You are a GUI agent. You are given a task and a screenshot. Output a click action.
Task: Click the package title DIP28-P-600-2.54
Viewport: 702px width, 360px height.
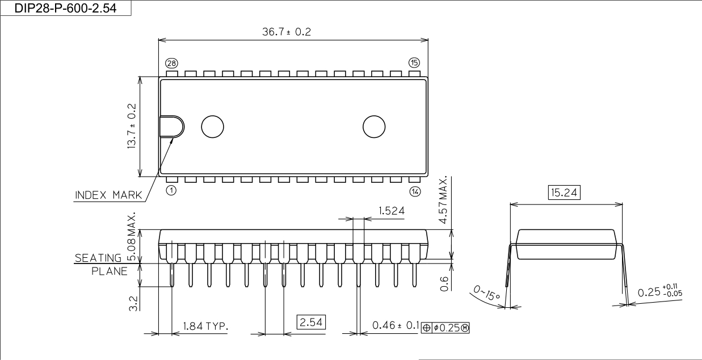pos(65,8)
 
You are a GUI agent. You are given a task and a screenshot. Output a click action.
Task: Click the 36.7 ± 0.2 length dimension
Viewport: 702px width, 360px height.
pos(287,32)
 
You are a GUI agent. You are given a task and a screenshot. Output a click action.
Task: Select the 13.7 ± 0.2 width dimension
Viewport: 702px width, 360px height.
pos(132,126)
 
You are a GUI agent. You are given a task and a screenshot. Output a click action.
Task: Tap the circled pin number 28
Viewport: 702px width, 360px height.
pos(171,64)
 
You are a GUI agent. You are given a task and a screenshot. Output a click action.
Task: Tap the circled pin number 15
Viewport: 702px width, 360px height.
pos(414,62)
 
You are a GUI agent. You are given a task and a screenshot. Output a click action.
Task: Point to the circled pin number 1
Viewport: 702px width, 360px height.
pos(171,190)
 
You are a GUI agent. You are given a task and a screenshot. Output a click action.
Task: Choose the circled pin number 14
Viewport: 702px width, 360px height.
pos(415,191)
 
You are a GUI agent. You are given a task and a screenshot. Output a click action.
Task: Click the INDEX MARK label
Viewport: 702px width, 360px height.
pos(108,195)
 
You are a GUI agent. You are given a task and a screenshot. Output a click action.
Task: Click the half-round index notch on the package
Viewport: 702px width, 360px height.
pos(172,127)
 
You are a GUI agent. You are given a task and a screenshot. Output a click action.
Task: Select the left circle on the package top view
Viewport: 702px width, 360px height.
pos(212,127)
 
